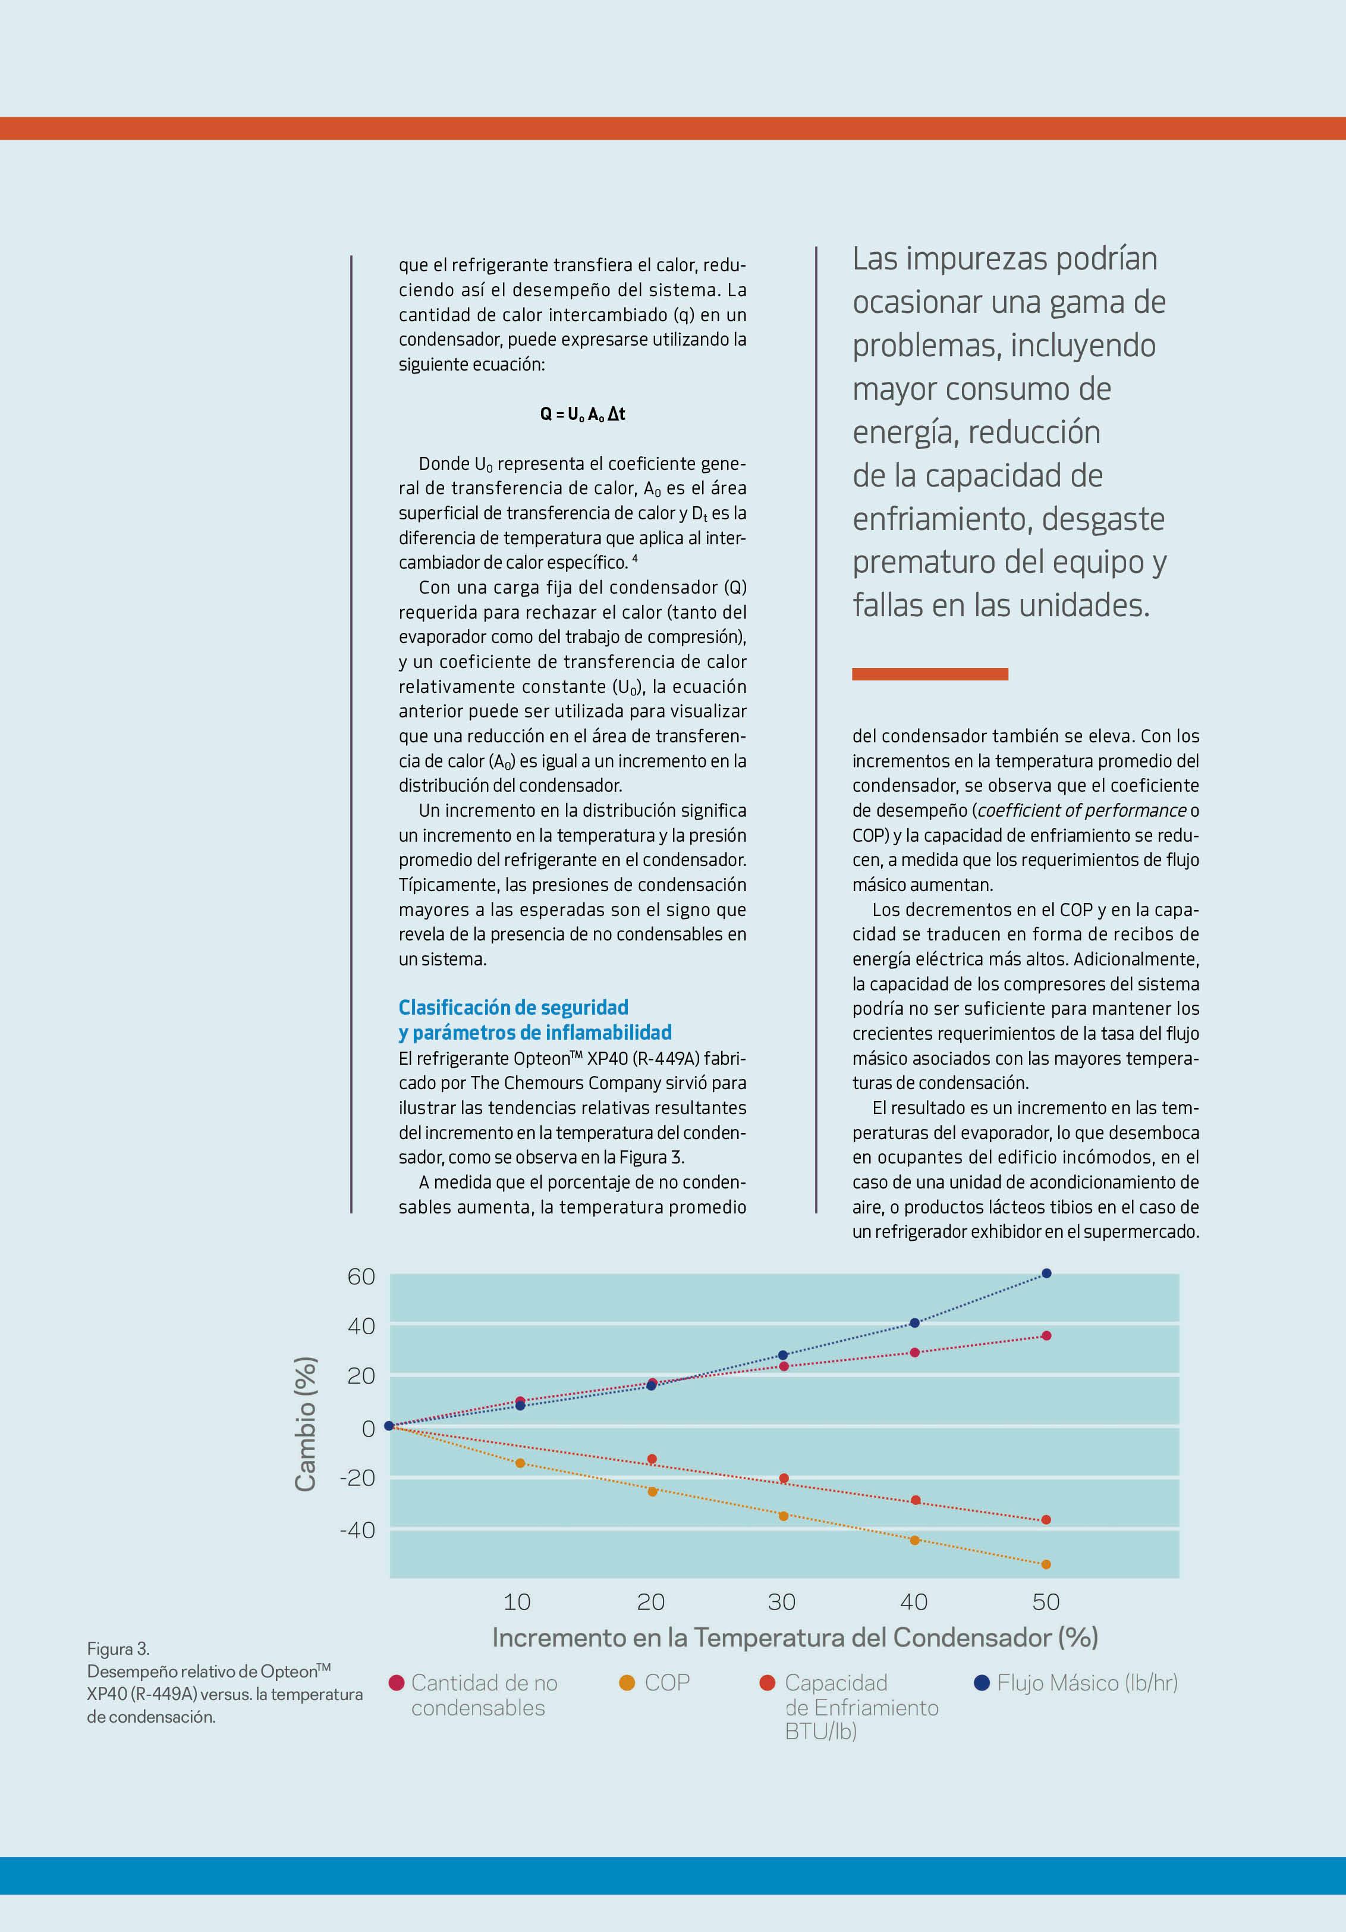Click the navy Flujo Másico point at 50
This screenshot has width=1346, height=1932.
pyautogui.click(x=1046, y=1273)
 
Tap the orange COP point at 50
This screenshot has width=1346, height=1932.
pyautogui.click(x=1046, y=1564)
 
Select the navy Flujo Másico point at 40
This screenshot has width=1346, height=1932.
pyautogui.click(x=914, y=1323)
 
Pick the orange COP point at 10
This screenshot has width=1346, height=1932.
pyautogui.click(x=520, y=1463)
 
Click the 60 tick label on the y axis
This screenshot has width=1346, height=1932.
pyautogui.click(x=361, y=1276)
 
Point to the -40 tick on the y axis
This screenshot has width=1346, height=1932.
pyautogui.click(x=357, y=1530)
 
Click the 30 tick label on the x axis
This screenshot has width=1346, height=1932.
pyautogui.click(x=782, y=1602)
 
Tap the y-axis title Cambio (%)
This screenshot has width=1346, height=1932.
pyautogui.click(x=306, y=1424)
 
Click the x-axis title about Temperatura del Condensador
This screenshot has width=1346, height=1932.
pyautogui.click(x=795, y=1638)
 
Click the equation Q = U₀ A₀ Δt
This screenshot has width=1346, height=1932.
pyautogui.click(x=582, y=414)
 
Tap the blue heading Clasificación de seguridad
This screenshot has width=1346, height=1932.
pyautogui.click(x=513, y=1007)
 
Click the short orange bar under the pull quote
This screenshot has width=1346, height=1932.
pyautogui.click(x=930, y=674)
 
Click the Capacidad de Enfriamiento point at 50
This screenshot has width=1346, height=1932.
pyautogui.click(x=1046, y=1520)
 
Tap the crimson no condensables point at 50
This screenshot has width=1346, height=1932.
pyautogui.click(x=1046, y=1335)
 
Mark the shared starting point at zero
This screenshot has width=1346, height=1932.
pyautogui.click(x=389, y=1425)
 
